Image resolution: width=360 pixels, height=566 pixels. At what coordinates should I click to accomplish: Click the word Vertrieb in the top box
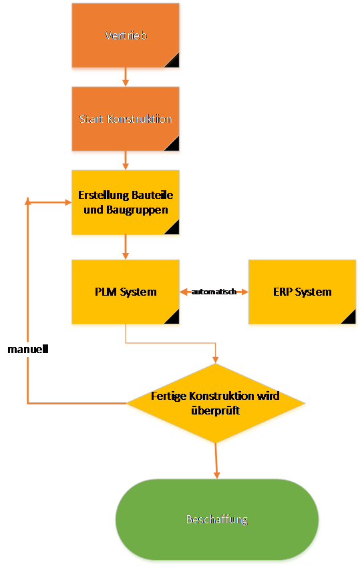(126, 35)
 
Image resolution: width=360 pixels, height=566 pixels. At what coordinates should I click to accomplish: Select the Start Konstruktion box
(126, 119)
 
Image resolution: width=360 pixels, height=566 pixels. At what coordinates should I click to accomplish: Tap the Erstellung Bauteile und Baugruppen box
(126, 202)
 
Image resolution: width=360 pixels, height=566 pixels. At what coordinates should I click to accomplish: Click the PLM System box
(126, 292)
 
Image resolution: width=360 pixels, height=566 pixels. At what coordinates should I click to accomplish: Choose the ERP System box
(303, 292)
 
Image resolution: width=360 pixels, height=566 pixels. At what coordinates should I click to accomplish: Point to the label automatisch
(214, 292)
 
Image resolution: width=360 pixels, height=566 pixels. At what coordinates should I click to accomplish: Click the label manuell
(28, 349)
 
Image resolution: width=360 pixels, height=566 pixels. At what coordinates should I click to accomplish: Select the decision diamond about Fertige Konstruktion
(216, 403)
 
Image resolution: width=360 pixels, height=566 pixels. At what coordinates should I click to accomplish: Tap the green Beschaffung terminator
(217, 519)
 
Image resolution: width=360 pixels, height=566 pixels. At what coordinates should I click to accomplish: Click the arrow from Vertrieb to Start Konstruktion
(126, 77)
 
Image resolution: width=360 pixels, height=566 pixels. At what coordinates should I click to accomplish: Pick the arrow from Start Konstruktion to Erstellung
(126, 160)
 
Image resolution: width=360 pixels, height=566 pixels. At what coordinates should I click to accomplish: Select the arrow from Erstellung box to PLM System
(126, 247)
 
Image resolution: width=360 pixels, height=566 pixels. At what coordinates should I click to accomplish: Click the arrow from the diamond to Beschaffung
(216, 461)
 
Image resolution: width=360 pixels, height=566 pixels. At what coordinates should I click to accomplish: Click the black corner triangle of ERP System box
(351, 319)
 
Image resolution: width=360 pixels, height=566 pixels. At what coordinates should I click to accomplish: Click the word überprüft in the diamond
(216, 410)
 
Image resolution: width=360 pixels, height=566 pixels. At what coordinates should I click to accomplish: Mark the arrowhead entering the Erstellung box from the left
(68, 202)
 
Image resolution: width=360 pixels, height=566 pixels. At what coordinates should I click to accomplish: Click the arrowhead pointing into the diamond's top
(216, 360)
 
